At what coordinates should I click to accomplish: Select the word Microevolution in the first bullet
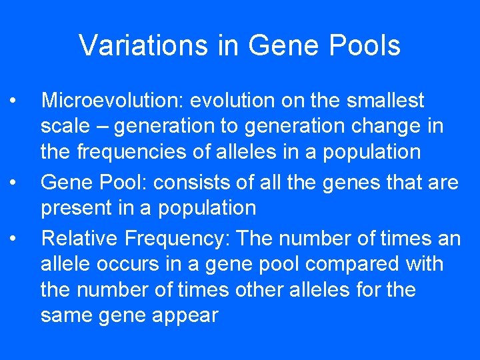pos(111,101)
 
